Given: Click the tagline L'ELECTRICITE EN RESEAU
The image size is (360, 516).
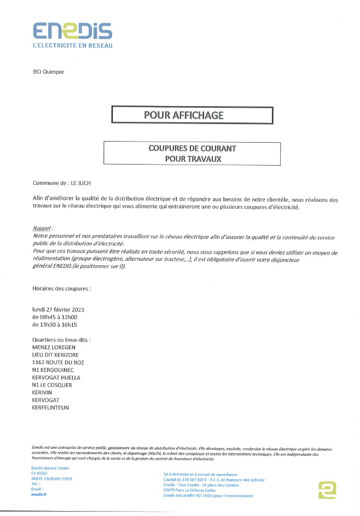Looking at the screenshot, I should pyautogui.click(x=73, y=46).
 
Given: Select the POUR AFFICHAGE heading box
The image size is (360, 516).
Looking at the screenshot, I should pyautogui.click(x=191, y=115).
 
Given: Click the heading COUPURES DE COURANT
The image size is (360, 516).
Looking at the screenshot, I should pyautogui.click(x=192, y=148).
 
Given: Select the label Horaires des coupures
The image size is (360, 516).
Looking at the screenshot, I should pyautogui.click(x=62, y=287).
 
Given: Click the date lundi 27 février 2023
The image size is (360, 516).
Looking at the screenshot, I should pyautogui.click(x=58, y=309).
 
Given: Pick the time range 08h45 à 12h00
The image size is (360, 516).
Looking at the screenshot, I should pyautogui.click(x=55, y=317).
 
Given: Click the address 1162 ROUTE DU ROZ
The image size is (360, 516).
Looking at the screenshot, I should pyautogui.click(x=59, y=362).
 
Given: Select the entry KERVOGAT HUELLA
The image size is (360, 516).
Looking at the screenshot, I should pyautogui.click(x=56, y=377).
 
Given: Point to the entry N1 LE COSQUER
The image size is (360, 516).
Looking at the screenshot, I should pyautogui.click(x=52, y=385).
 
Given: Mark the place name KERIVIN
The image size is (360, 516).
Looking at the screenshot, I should pyautogui.click(x=43, y=392).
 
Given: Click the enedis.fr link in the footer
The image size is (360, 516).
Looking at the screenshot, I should pyautogui.click(x=39, y=494).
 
